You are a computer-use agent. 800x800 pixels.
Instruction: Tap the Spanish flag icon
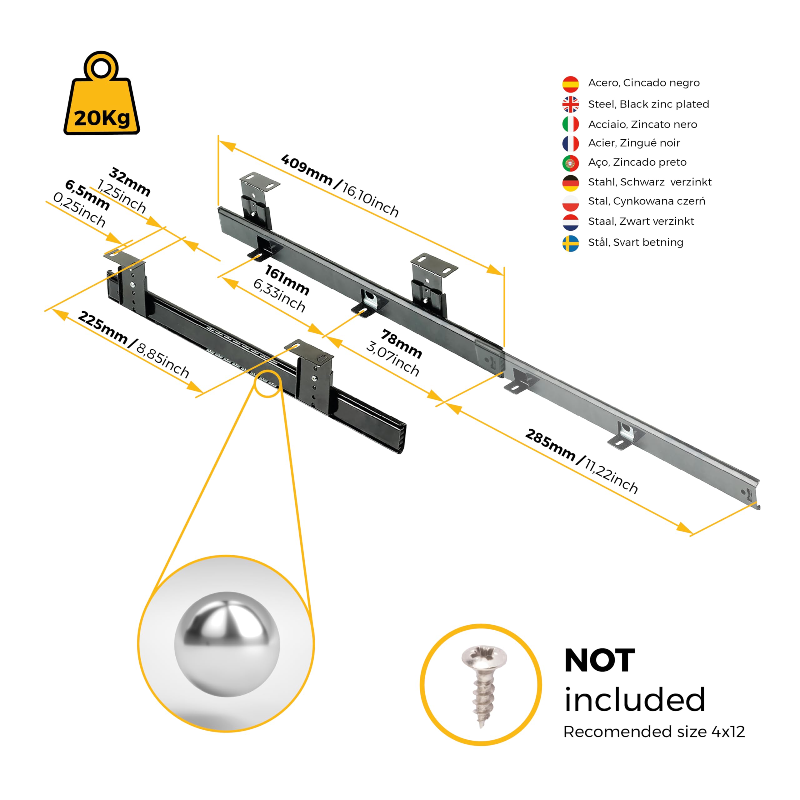pos(570,84)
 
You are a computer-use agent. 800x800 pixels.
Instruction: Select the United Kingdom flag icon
pos(570,104)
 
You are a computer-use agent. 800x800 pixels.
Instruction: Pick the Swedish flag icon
pos(570,243)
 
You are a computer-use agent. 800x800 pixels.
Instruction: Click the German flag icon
pos(570,183)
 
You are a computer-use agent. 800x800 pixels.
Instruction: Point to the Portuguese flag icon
pos(570,163)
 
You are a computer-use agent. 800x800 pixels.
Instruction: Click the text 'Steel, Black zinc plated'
pos(648,104)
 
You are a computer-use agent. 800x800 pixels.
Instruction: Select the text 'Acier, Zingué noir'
pos(634,143)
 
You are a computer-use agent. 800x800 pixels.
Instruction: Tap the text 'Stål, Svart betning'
pos(636,242)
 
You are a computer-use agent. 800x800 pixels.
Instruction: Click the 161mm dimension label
pos(287,280)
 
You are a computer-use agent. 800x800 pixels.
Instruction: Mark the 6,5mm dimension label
pos(87,195)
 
